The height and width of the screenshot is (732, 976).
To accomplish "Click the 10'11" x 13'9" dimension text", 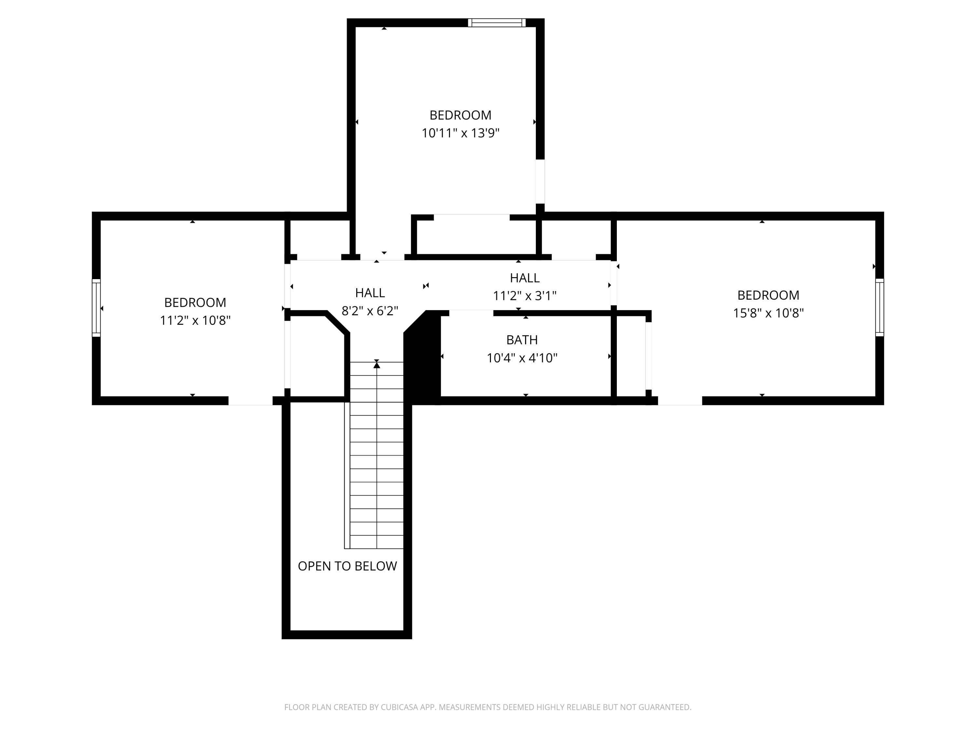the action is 460,133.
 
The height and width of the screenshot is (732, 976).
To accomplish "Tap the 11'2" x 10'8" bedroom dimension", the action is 195,320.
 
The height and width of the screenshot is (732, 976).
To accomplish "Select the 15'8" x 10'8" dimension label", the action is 768,313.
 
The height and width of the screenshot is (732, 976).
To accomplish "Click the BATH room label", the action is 522,340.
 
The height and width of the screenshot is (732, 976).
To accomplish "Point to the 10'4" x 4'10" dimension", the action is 522,358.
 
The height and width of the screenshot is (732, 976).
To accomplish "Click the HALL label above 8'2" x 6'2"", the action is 370,292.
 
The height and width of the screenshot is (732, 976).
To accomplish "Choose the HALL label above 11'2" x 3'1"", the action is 525,278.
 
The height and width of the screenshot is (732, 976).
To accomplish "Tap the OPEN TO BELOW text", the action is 347,566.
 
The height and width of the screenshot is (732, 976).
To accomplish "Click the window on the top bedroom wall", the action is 497,22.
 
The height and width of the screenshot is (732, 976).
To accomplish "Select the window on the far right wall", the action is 879,307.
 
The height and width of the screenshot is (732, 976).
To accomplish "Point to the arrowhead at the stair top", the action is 376,364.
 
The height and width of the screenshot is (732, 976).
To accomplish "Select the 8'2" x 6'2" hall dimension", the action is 370,311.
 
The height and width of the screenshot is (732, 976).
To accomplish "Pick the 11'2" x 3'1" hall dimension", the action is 525,296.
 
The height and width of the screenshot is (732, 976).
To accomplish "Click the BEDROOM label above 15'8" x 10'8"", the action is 768,295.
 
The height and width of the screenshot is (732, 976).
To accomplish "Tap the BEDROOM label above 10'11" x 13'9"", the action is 460,115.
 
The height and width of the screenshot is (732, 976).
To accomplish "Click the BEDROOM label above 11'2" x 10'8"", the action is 195,302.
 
